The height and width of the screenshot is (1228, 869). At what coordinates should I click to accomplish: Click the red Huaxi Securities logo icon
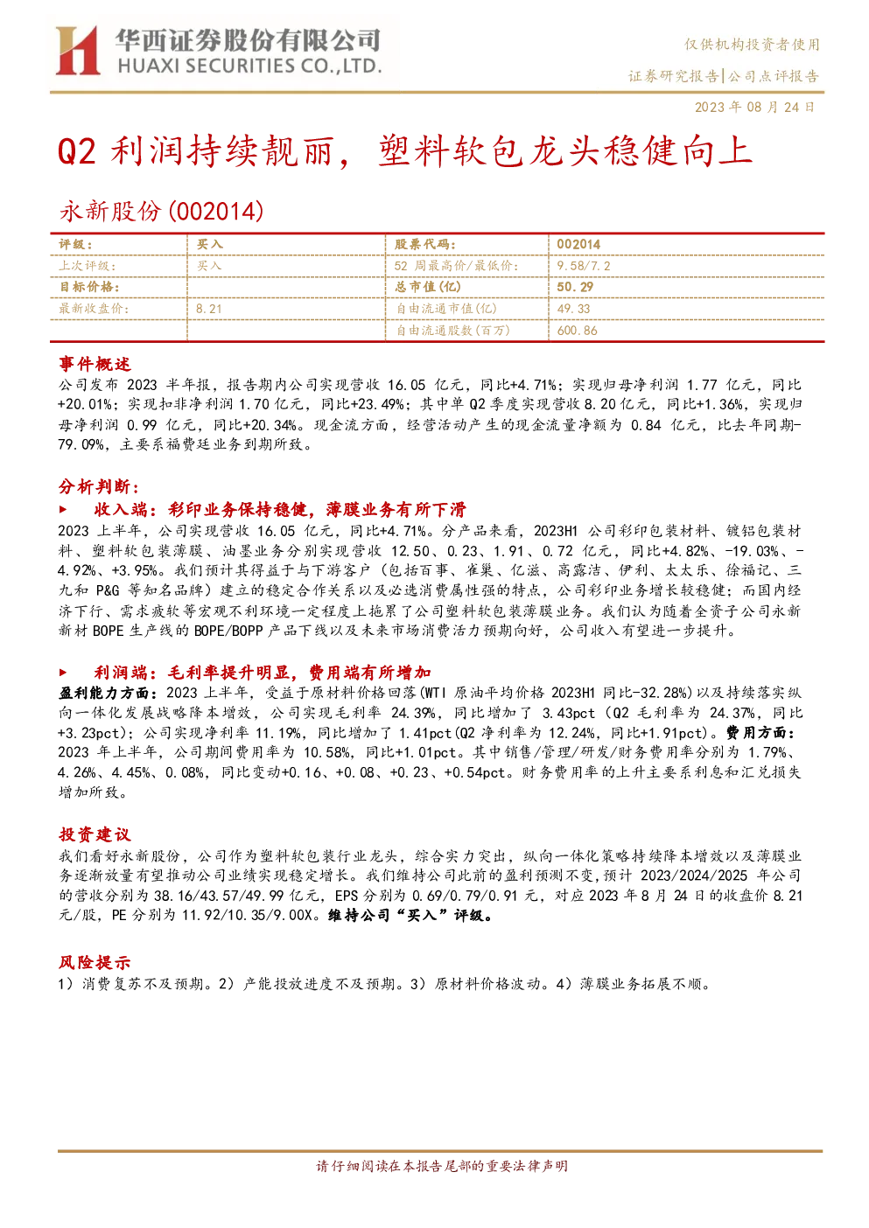pos(77,50)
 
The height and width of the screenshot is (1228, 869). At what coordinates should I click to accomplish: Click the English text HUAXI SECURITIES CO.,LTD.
pos(249,66)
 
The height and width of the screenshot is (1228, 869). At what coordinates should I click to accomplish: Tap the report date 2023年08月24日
pos(754,107)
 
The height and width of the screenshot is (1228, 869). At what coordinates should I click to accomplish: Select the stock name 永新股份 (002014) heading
pos(161,211)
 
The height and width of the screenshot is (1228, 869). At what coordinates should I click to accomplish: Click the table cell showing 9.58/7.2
pos(583,266)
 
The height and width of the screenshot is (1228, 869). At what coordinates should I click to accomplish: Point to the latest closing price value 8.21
pos(209,309)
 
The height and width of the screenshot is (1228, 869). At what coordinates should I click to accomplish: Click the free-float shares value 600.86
pos(577,330)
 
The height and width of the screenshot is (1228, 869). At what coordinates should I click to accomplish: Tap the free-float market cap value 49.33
pos(573,309)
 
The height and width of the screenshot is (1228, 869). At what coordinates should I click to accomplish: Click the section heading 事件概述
pos(95,364)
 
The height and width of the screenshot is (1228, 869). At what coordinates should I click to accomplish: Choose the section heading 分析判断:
pos(99,486)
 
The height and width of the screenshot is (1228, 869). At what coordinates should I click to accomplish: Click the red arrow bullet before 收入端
pos(63,510)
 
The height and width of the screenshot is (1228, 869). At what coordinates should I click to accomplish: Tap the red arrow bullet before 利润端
pos(63,672)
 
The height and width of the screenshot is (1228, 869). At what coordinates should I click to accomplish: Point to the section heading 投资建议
pos(95,834)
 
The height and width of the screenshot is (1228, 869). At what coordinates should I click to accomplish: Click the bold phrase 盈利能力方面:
pos(108,693)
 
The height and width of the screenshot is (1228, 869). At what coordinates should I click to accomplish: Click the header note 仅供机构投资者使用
pos(752,45)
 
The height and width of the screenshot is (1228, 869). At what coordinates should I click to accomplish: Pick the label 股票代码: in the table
pos(425,244)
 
